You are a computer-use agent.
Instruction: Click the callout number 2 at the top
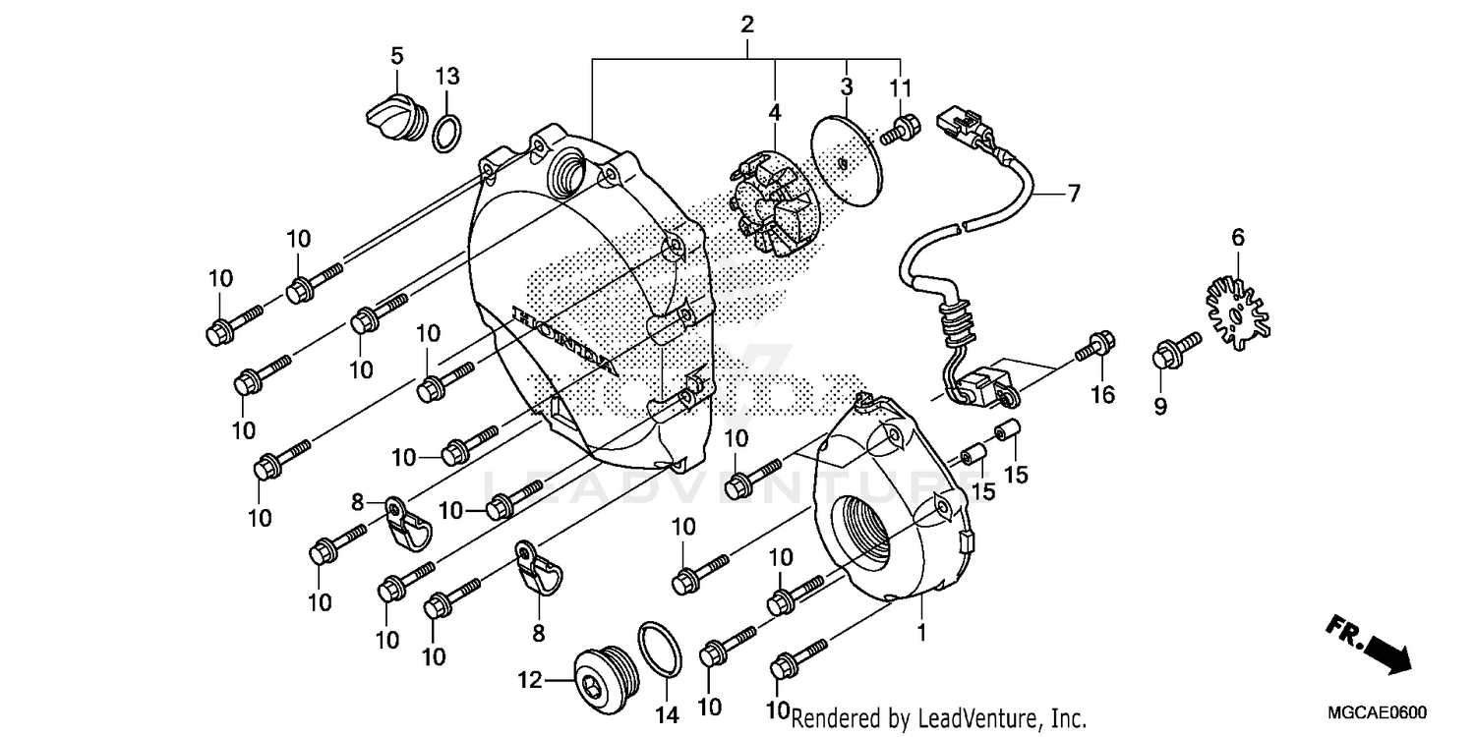click(747, 25)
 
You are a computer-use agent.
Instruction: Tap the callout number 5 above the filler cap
click(397, 56)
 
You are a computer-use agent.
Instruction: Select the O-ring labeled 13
click(446, 134)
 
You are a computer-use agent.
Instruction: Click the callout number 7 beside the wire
click(1073, 194)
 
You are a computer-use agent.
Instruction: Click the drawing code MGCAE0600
click(1379, 713)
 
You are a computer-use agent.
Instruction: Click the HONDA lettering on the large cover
click(564, 340)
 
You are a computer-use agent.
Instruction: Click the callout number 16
click(1101, 395)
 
